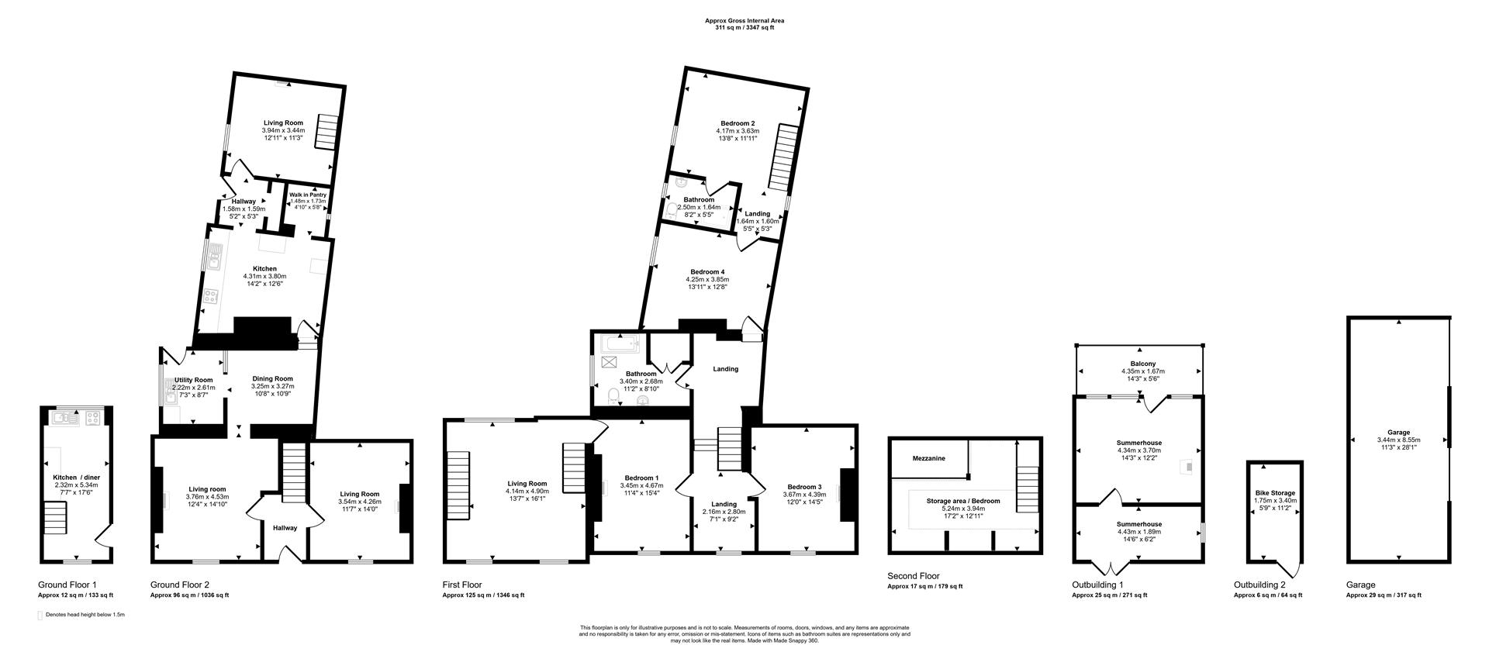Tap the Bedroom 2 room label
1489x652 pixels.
(737, 123)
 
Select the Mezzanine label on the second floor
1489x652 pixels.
(928, 458)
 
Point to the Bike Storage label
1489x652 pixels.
(1274, 492)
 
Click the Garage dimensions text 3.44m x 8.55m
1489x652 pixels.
(1398, 440)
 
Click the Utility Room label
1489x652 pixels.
(193, 380)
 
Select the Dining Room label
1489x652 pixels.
(272, 379)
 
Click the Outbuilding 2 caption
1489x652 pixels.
(1259, 585)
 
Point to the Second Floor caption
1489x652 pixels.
(913, 576)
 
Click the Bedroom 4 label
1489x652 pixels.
(707, 271)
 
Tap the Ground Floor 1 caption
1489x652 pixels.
(67, 585)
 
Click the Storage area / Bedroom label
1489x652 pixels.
(962, 501)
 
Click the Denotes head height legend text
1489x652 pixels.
(85, 614)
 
